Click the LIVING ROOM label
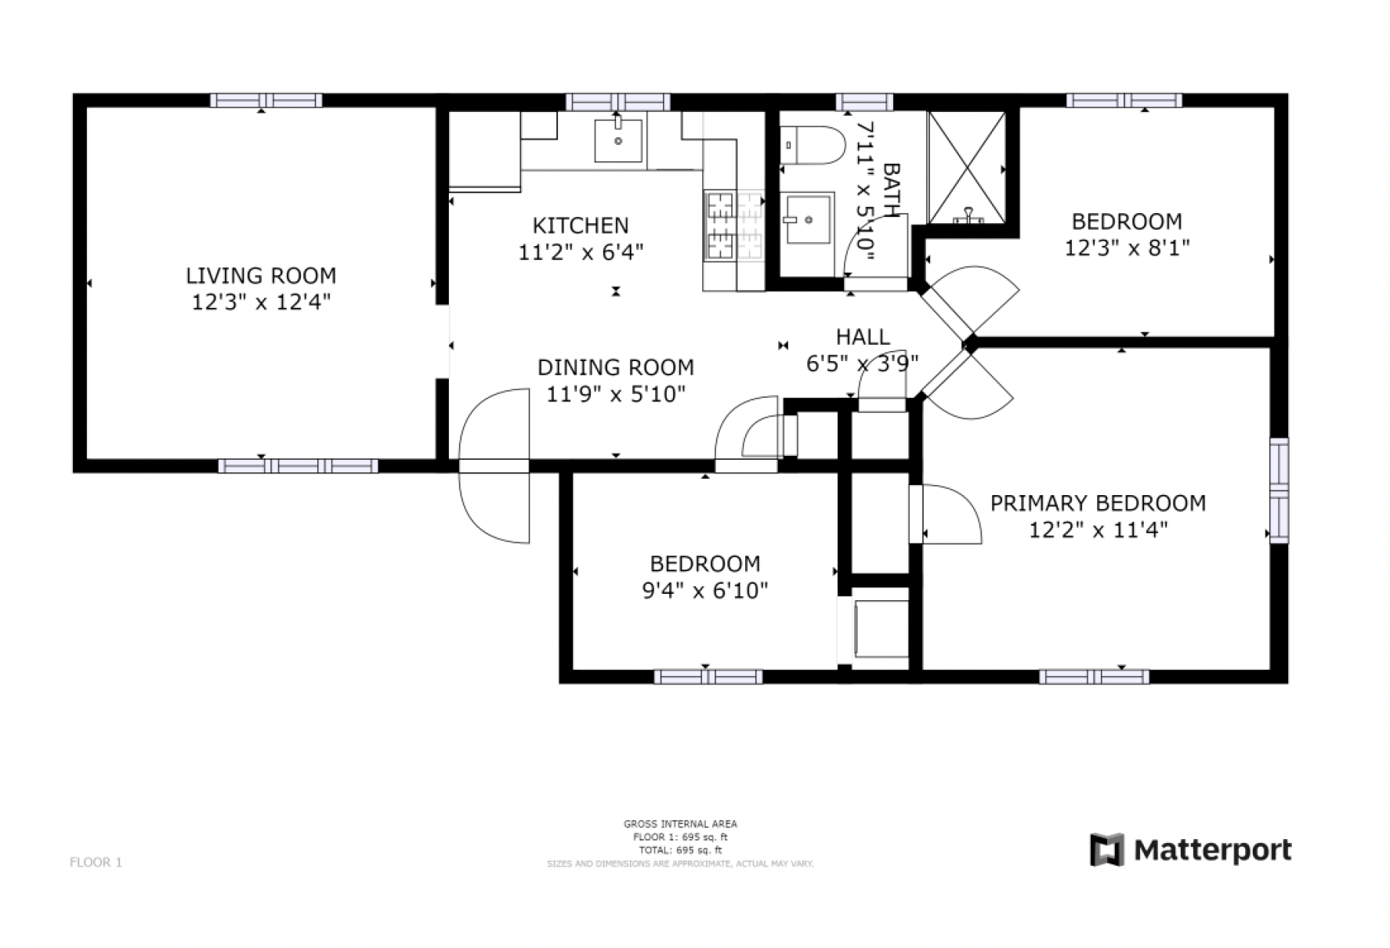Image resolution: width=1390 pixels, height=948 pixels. (261, 276)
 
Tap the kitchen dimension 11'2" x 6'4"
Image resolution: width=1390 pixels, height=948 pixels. (581, 252)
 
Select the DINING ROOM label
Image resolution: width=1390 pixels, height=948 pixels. (616, 367)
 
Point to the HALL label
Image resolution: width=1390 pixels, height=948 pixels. (863, 337)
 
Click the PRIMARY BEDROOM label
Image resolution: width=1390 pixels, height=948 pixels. (1098, 503)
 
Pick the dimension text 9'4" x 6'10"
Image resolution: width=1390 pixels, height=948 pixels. (705, 590)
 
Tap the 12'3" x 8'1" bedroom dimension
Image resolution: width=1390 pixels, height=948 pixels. (1127, 248)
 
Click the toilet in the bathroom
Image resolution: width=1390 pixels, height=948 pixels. (813, 145)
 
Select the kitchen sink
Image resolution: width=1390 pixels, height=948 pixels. (618, 141)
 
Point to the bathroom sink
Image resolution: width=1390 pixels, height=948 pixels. (808, 220)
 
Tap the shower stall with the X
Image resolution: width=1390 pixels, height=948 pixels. (967, 168)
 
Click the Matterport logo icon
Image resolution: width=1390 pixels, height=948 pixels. (1107, 850)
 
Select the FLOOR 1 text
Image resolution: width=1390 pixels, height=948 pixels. (96, 863)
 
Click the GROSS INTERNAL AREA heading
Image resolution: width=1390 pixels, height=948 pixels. (680, 823)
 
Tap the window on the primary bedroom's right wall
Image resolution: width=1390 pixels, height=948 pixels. (1279, 490)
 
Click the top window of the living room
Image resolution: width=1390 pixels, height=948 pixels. (266, 100)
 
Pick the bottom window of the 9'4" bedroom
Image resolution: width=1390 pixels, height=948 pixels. (708, 677)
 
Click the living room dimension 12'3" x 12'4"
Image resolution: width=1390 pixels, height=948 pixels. (261, 302)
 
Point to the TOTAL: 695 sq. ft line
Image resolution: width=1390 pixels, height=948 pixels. (680, 849)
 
